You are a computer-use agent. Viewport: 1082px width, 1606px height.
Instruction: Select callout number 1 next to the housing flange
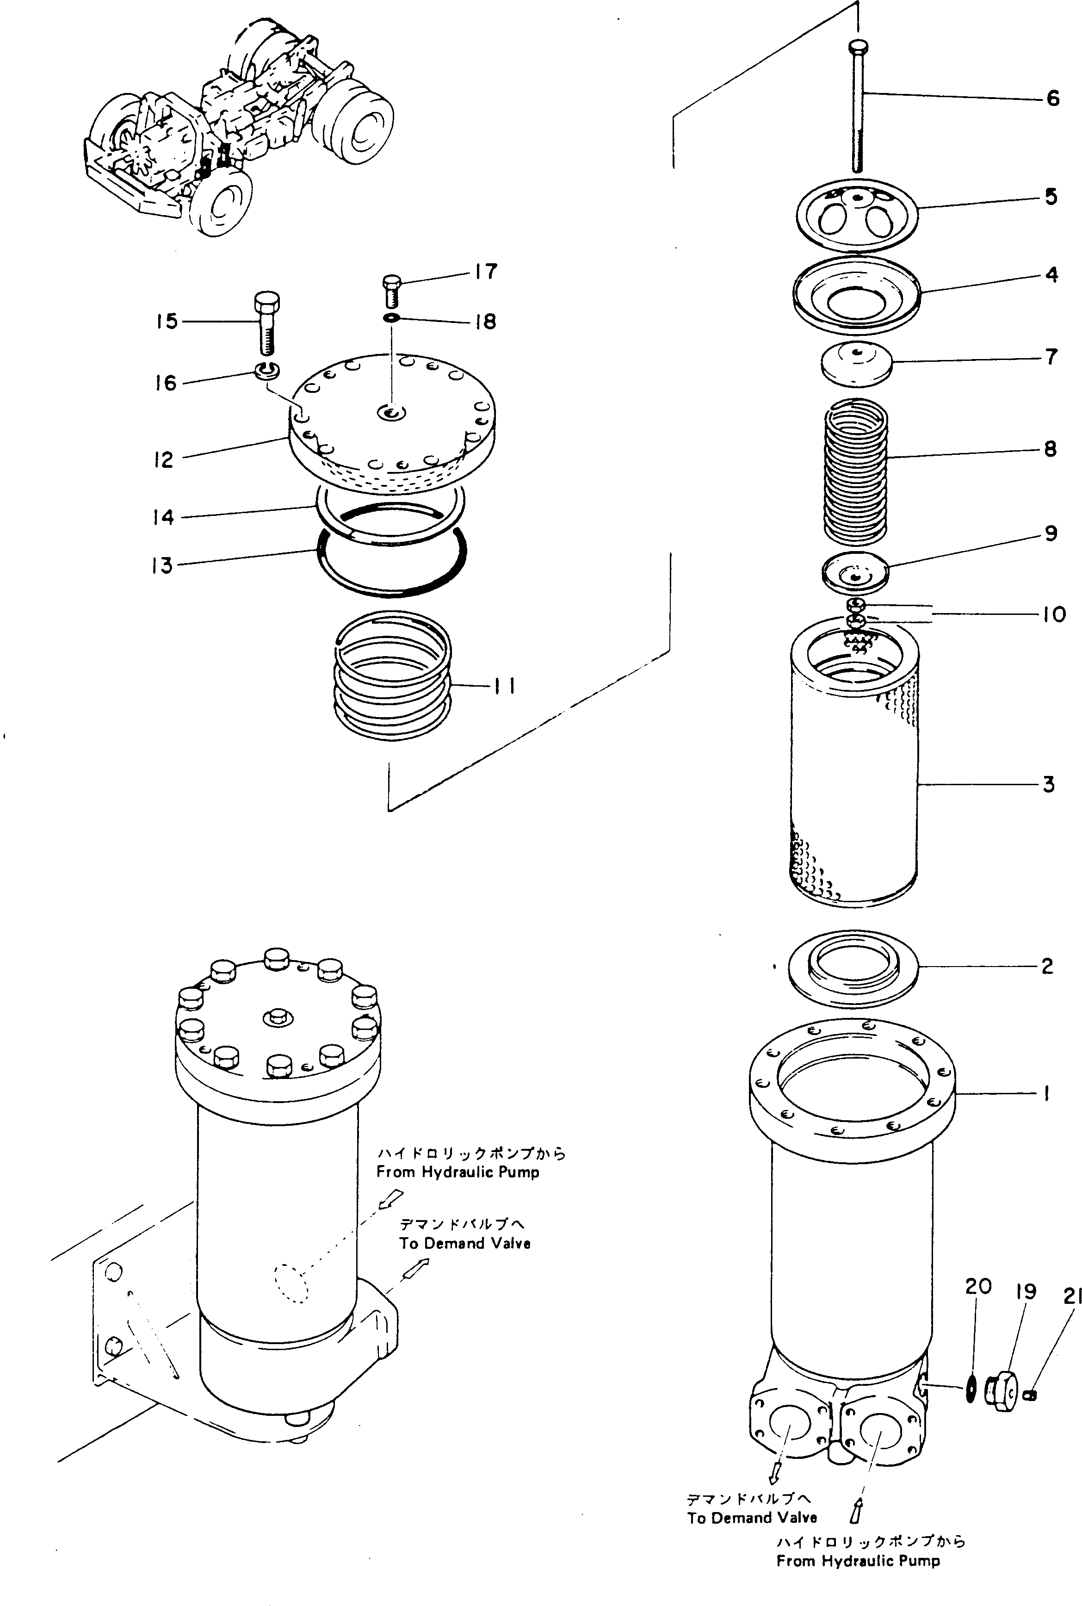[x=1047, y=1093]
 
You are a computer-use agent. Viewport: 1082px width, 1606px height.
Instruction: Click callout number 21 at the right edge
[x=1072, y=1297]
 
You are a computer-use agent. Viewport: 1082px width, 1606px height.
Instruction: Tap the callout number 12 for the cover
[x=164, y=459]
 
